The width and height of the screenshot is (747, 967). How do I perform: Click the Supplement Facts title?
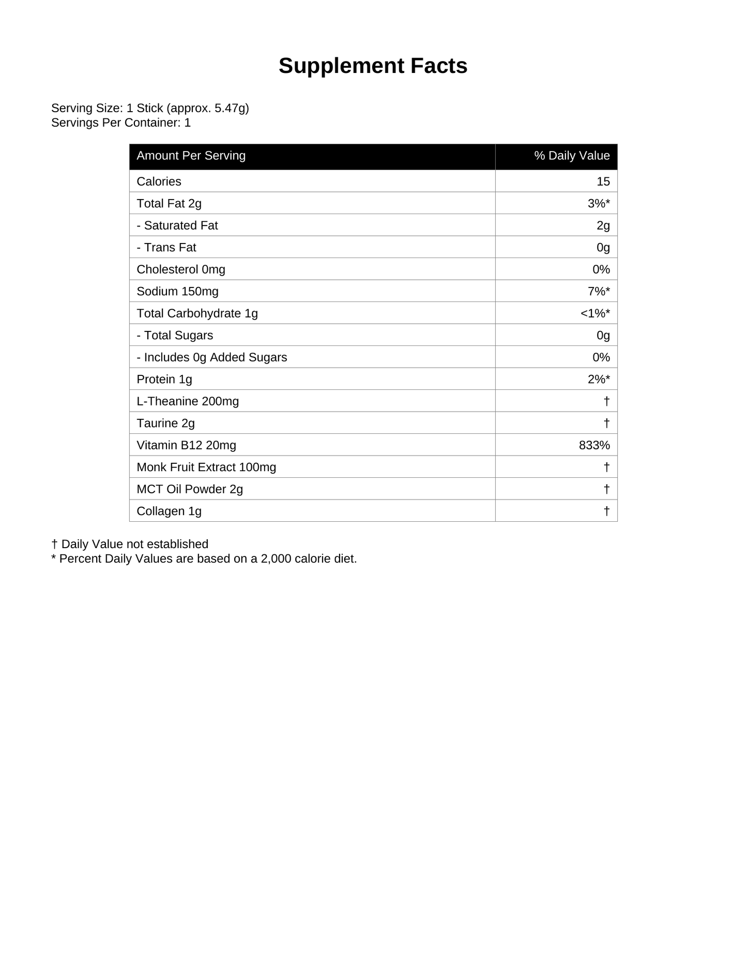pyautogui.click(x=373, y=66)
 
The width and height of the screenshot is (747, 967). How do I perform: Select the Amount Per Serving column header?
pyautogui.click(x=191, y=156)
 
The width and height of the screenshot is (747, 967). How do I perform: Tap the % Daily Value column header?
pyautogui.click(x=572, y=156)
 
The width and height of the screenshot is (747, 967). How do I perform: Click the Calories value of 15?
pyautogui.click(x=603, y=182)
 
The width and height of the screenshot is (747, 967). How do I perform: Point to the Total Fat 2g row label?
pyautogui.click(x=169, y=204)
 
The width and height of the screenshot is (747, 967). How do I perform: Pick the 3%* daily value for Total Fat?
pyautogui.click(x=599, y=204)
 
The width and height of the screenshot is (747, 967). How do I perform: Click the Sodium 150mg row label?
pyautogui.click(x=177, y=292)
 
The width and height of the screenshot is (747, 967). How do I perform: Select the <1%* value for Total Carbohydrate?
pyautogui.click(x=595, y=313)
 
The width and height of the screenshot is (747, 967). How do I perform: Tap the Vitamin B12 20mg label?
pyautogui.click(x=186, y=445)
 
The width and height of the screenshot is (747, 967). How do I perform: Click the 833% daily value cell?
pyautogui.click(x=594, y=445)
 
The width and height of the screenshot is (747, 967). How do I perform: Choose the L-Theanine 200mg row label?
pyautogui.click(x=188, y=401)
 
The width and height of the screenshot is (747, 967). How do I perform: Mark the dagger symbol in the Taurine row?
pyautogui.click(x=606, y=423)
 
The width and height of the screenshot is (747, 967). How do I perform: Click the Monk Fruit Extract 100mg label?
pyautogui.click(x=206, y=467)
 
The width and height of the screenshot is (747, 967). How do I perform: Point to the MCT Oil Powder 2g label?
pyautogui.click(x=190, y=489)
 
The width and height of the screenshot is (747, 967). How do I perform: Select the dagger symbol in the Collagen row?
pyautogui.click(x=606, y=511)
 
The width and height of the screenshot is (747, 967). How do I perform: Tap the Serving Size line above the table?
pyautogui.click(x=150, y=108)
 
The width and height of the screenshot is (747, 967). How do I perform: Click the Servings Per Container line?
pyautogui.click(x=121, y=123)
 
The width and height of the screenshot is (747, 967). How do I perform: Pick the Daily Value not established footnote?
pyautogui.click(x=130, y=544)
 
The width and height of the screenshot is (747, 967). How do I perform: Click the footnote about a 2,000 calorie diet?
pyautogui.click(x=204, y=558)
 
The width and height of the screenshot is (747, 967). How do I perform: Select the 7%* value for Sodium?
pyautogui.click(x=599, y=292)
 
